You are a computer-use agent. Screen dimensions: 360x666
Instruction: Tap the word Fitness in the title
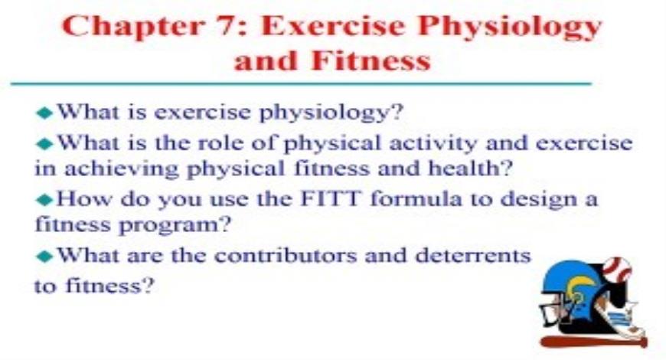(374, 61)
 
